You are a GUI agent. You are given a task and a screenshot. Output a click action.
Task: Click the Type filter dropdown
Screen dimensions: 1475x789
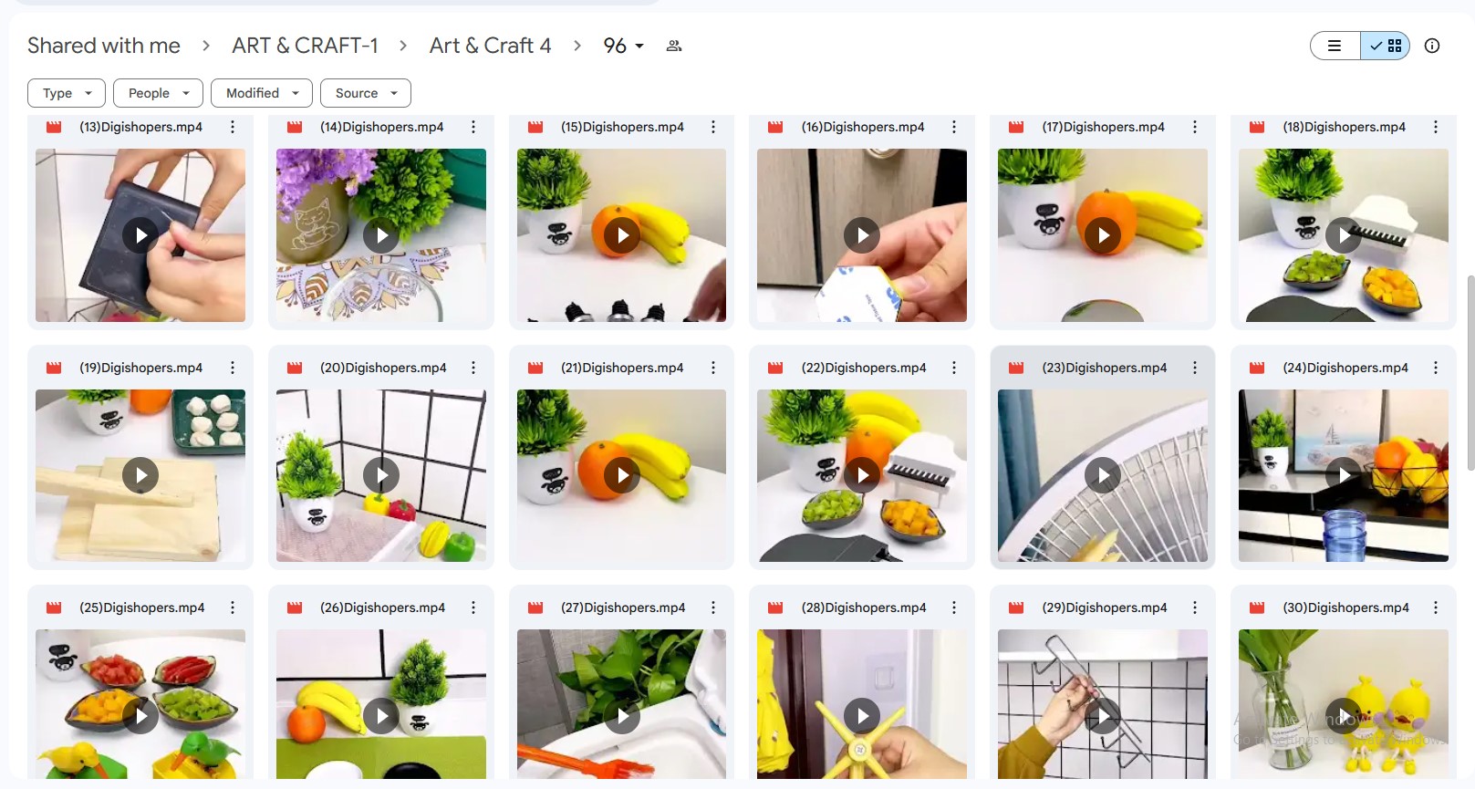pos(67,93)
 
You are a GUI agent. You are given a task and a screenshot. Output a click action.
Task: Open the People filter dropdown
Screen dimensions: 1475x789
pos(158,93)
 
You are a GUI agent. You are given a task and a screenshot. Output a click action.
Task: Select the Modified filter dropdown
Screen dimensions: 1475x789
pos(262,93)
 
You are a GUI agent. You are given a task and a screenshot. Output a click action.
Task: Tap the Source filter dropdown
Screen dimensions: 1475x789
pos(366,93)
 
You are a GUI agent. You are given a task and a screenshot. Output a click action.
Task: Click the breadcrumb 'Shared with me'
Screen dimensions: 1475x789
pos(104,46)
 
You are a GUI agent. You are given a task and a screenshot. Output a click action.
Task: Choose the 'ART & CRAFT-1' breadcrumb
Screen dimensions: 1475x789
pos(305,46)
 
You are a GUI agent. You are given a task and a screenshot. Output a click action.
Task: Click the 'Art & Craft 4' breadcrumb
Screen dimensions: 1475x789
pos(491,46)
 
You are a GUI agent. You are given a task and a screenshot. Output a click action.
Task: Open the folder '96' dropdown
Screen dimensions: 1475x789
pos(624,46)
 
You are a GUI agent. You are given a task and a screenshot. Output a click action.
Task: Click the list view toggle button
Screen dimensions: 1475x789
pos(1335,46)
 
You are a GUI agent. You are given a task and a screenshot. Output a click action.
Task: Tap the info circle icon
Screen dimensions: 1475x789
pos(1432,46)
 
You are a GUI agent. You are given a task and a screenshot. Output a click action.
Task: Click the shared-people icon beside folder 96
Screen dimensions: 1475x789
pos(673,46)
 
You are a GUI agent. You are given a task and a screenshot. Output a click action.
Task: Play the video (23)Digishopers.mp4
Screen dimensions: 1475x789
pos(1103,475)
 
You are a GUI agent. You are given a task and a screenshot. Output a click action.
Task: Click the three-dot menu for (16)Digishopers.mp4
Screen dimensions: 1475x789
pos(954,127)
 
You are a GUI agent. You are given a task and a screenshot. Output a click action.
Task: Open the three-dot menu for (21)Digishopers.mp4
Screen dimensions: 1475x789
pos(713,368)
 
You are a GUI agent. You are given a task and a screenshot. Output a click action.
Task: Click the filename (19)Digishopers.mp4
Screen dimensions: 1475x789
pos(140,368)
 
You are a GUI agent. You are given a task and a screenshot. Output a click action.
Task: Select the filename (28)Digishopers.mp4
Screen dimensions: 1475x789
pos(864,607)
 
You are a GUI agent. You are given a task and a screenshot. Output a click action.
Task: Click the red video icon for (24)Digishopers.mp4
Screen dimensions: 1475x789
pos(1257,368)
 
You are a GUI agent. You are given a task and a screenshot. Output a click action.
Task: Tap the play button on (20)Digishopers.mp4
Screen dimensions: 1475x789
pos(381,475)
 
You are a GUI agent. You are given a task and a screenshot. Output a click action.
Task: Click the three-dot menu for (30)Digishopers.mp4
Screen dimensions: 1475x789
pos(1436,607)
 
